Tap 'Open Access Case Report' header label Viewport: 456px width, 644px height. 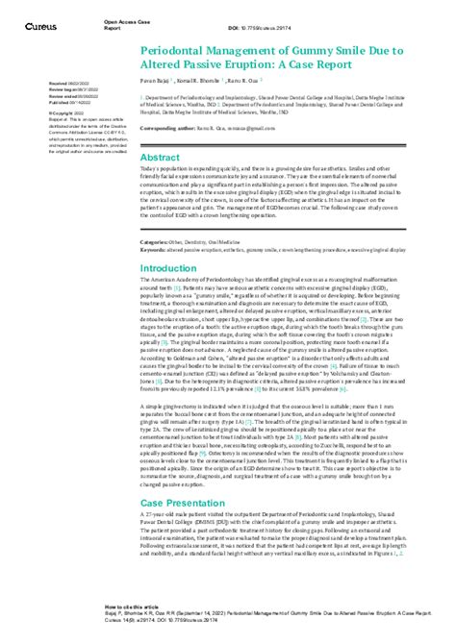pos(117,16)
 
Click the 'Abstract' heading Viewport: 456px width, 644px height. pos(160,157)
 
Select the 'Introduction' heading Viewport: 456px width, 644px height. pos(168,268)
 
